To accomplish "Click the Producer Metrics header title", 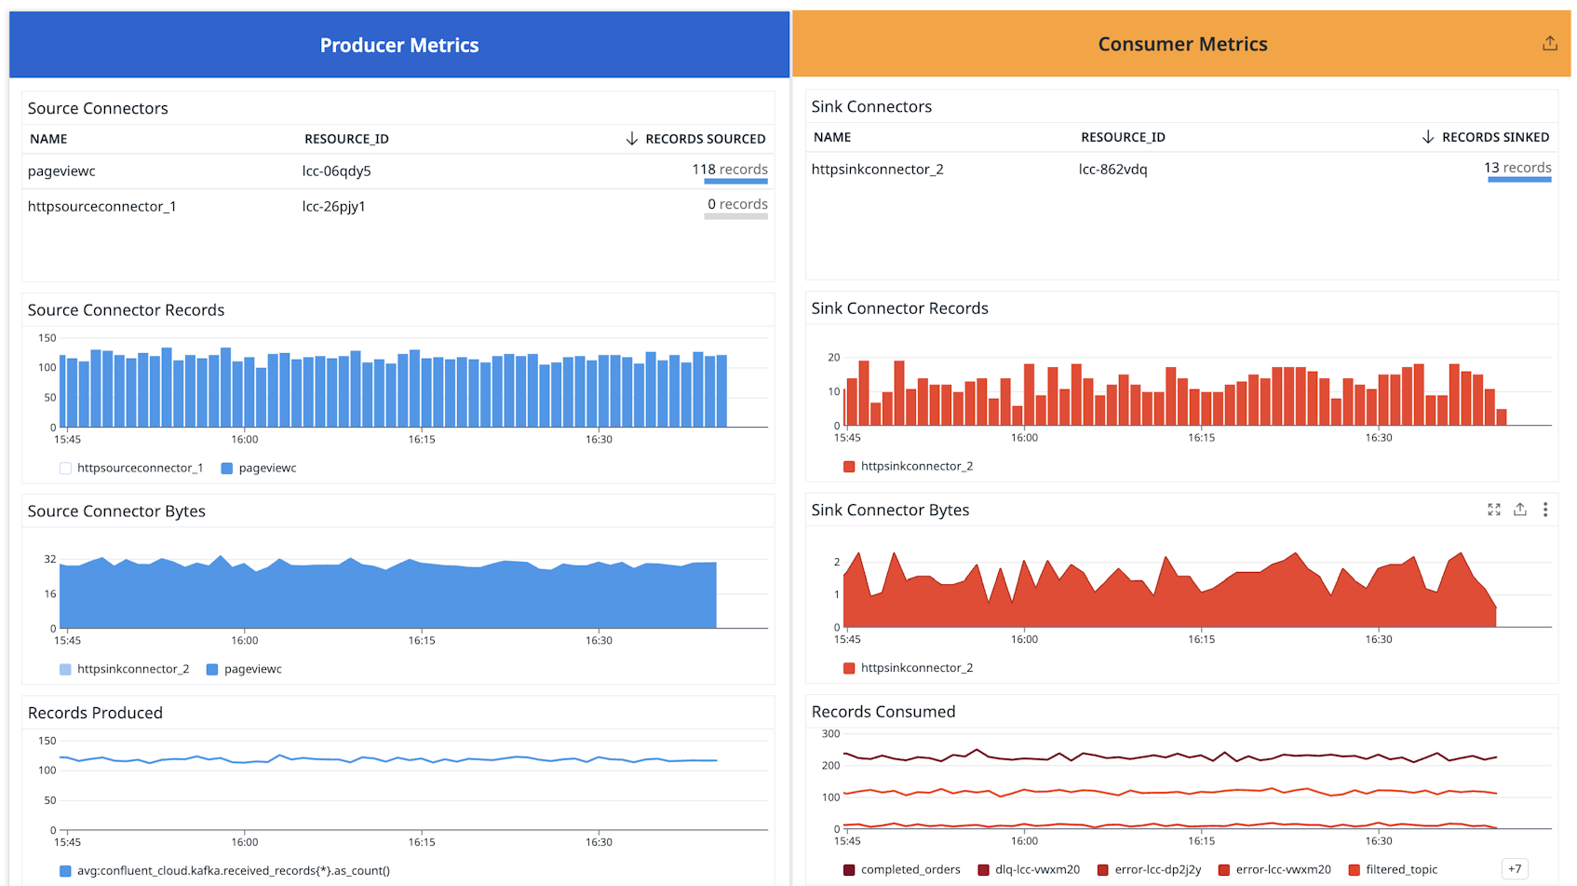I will click(398, 45).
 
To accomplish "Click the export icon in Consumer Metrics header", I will click(1549, 44).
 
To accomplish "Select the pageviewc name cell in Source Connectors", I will click(61, 170).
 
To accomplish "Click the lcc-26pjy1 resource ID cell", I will click(333, 206).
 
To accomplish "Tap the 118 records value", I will click(729, 170).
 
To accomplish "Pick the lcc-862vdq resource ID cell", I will click(1112, 169).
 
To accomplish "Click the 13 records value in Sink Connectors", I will click(1516, 168).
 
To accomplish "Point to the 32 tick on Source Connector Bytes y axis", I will click(50, 559).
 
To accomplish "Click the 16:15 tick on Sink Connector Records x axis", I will click(1201, 437).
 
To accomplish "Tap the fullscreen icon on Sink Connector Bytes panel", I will click(1493, 510).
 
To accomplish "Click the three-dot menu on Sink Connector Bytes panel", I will click(1545, 510).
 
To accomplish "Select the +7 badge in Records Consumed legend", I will click(1515, 869).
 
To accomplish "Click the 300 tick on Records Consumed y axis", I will click(830, 733).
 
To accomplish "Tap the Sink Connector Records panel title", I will click(899, 308).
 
